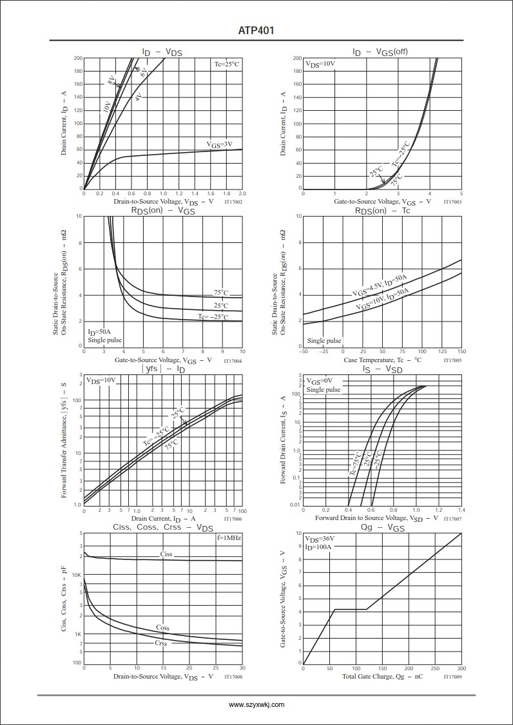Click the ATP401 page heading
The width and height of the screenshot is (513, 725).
[x=256, y=30]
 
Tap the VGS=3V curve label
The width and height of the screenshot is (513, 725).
[x=220, y=144]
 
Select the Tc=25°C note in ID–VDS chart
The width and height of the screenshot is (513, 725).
[x=227, y=64]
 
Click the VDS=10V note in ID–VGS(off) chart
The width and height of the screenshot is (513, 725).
[x=320, y=64]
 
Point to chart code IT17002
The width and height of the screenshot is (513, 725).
[x=233, y=202]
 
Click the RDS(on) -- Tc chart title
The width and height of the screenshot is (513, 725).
[x=382, y=211]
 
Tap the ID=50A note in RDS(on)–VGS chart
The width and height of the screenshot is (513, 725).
[x=100, y=332]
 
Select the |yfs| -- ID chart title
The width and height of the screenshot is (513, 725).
[x=163, y=369]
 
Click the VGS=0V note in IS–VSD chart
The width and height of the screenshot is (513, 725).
[x=320, y=381]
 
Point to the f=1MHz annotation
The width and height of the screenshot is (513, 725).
[x=229, y=537]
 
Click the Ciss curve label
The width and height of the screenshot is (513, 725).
[x=166, y=554]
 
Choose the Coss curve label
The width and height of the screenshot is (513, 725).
[x=162, y=627]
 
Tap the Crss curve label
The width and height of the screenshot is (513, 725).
[x=161, y=643]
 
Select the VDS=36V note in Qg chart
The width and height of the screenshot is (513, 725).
[x=320, y=539]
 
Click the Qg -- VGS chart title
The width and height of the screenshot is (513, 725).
[x=383, y=528]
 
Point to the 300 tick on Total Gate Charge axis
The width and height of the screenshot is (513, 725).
[x=461, y=668]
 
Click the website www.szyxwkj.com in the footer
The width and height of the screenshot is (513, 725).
[x=256, y=705]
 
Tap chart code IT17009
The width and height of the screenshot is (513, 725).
[x=452, y=677]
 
